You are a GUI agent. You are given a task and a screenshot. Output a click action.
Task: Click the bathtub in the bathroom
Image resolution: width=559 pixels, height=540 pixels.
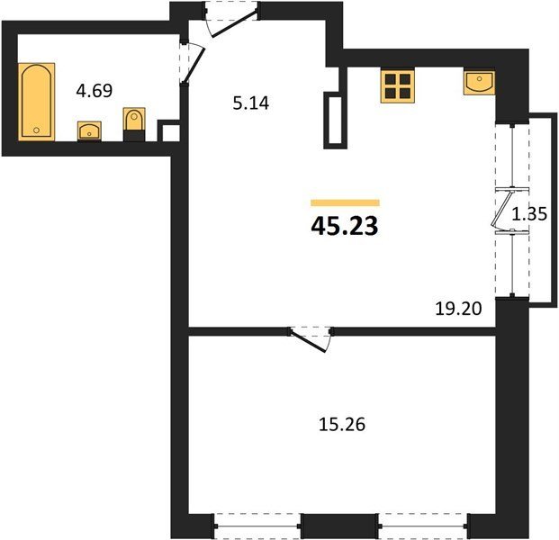coord(36,102)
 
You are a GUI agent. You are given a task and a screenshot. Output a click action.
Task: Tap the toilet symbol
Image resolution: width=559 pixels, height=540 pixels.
coord(134,124)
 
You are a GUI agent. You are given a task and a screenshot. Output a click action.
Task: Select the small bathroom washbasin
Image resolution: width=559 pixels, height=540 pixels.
coord(89,130)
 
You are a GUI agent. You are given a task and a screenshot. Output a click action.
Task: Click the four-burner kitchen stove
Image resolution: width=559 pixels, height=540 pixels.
coord(398,86)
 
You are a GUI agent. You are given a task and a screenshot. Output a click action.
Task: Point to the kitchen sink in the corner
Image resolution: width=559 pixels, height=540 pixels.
coord(479,83)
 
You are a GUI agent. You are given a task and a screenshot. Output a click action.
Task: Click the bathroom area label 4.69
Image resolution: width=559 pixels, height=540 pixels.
coord(95,91)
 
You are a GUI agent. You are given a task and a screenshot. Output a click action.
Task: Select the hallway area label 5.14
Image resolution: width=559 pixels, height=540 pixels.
coord(251,103)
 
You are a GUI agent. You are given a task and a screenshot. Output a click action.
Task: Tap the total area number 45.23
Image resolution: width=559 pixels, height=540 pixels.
coord(345,226)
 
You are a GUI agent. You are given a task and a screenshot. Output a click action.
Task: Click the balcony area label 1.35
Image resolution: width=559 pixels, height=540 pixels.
coord(529,214)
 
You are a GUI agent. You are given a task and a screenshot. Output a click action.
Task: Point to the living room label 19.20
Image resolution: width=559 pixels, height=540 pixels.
coord(458,309)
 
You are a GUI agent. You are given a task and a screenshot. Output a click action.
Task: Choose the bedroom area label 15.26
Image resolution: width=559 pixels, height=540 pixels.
coord(342,425)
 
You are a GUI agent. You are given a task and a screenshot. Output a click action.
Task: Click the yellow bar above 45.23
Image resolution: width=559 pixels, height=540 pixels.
coord(345,202)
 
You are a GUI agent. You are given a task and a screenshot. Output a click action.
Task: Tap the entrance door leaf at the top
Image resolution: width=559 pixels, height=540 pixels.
coord(234,24)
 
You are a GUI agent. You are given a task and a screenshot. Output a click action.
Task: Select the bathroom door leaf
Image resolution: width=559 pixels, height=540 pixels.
coord(193,67)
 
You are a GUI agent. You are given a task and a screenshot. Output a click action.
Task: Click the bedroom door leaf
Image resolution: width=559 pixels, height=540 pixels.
coord(309,341)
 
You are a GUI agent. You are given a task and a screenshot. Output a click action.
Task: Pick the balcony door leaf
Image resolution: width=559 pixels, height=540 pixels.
coord(501,209)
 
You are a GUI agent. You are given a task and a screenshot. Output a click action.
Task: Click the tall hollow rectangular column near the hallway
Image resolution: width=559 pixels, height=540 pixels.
coord(335,121)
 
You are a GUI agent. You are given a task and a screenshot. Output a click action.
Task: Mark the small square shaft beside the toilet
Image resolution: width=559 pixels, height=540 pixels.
coord(169,131)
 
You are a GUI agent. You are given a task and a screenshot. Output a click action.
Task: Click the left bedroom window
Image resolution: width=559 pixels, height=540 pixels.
coord(257,526)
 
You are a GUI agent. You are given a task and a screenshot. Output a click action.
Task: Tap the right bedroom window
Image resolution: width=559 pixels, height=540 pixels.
coord(423,526)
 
